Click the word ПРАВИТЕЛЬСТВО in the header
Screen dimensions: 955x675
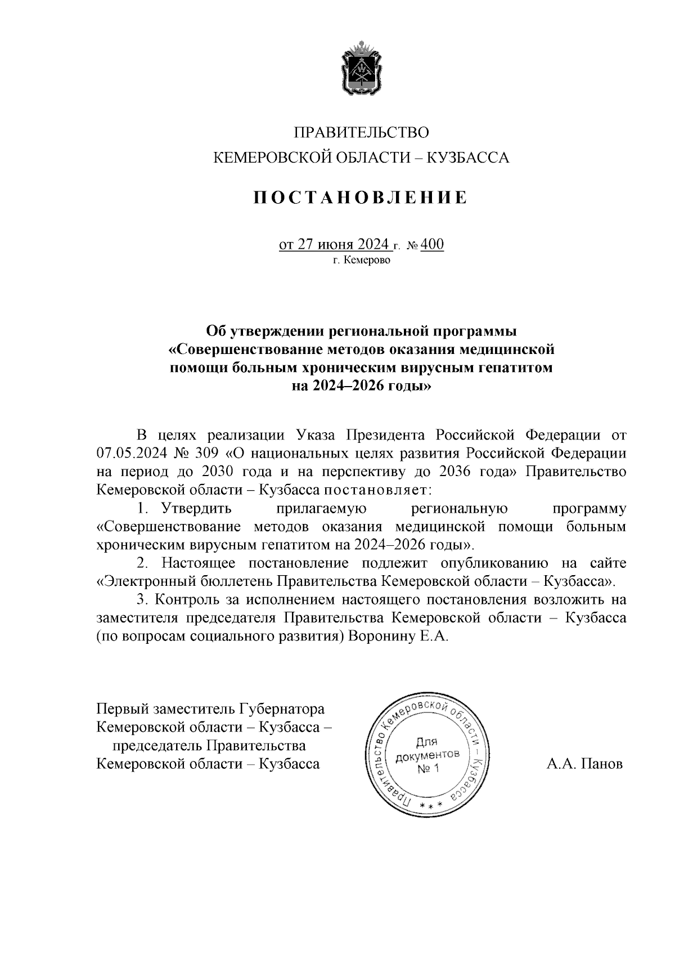coord(361,133)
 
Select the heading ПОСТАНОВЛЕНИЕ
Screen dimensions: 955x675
coord(361,198)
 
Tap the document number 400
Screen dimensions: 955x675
coord(431,245)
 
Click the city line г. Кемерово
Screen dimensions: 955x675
coord(361,261)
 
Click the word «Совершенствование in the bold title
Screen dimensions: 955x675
coord(246,349)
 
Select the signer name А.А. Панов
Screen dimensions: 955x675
coord(584,764)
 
